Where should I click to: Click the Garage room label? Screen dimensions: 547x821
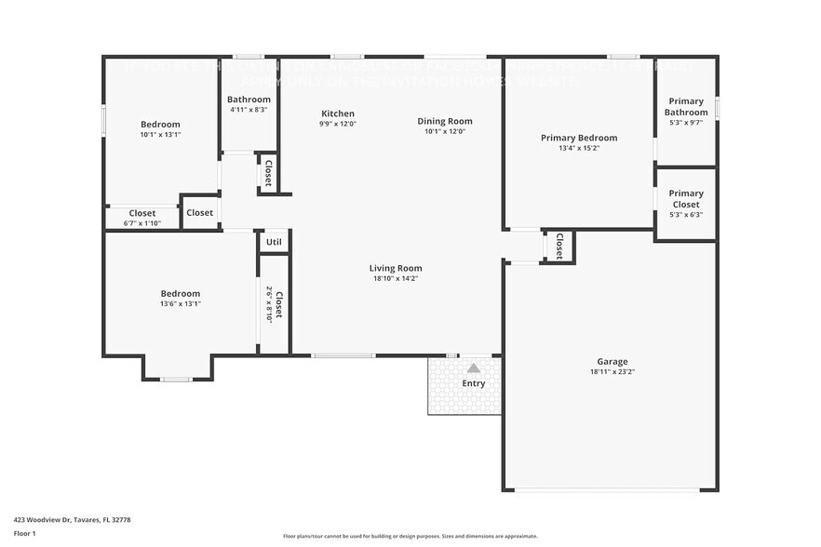pos(612,361)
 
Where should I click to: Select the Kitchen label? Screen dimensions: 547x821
pos(338,113)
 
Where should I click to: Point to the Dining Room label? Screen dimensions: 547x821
pos(444,121)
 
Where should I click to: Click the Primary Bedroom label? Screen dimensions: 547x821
pos(578,138)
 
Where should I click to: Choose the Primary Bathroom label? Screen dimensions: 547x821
pos(685,106)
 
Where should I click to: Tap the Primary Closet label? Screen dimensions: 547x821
pos(685,199)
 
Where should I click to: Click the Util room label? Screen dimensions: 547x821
pos(274,243)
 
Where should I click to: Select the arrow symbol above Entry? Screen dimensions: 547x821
pos(473,368)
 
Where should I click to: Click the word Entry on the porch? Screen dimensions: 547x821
pos(473,383)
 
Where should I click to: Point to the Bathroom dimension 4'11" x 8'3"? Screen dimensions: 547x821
pos(249,110)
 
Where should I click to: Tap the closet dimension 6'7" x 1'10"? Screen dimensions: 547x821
pos(142,223)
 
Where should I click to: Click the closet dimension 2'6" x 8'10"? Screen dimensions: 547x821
pos(269,304)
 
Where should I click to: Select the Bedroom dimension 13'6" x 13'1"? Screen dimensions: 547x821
pos(180,303)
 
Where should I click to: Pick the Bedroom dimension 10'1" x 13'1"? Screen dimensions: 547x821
pos(160,134)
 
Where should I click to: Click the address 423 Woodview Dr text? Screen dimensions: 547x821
pos(72,519)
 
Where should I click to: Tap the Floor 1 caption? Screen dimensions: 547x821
pos(24,533)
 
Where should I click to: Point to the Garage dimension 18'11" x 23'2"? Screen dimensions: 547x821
pos(612,371)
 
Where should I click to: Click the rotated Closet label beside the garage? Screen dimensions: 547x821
pos(559,246)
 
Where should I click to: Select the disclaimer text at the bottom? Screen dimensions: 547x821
pos(410,536)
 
